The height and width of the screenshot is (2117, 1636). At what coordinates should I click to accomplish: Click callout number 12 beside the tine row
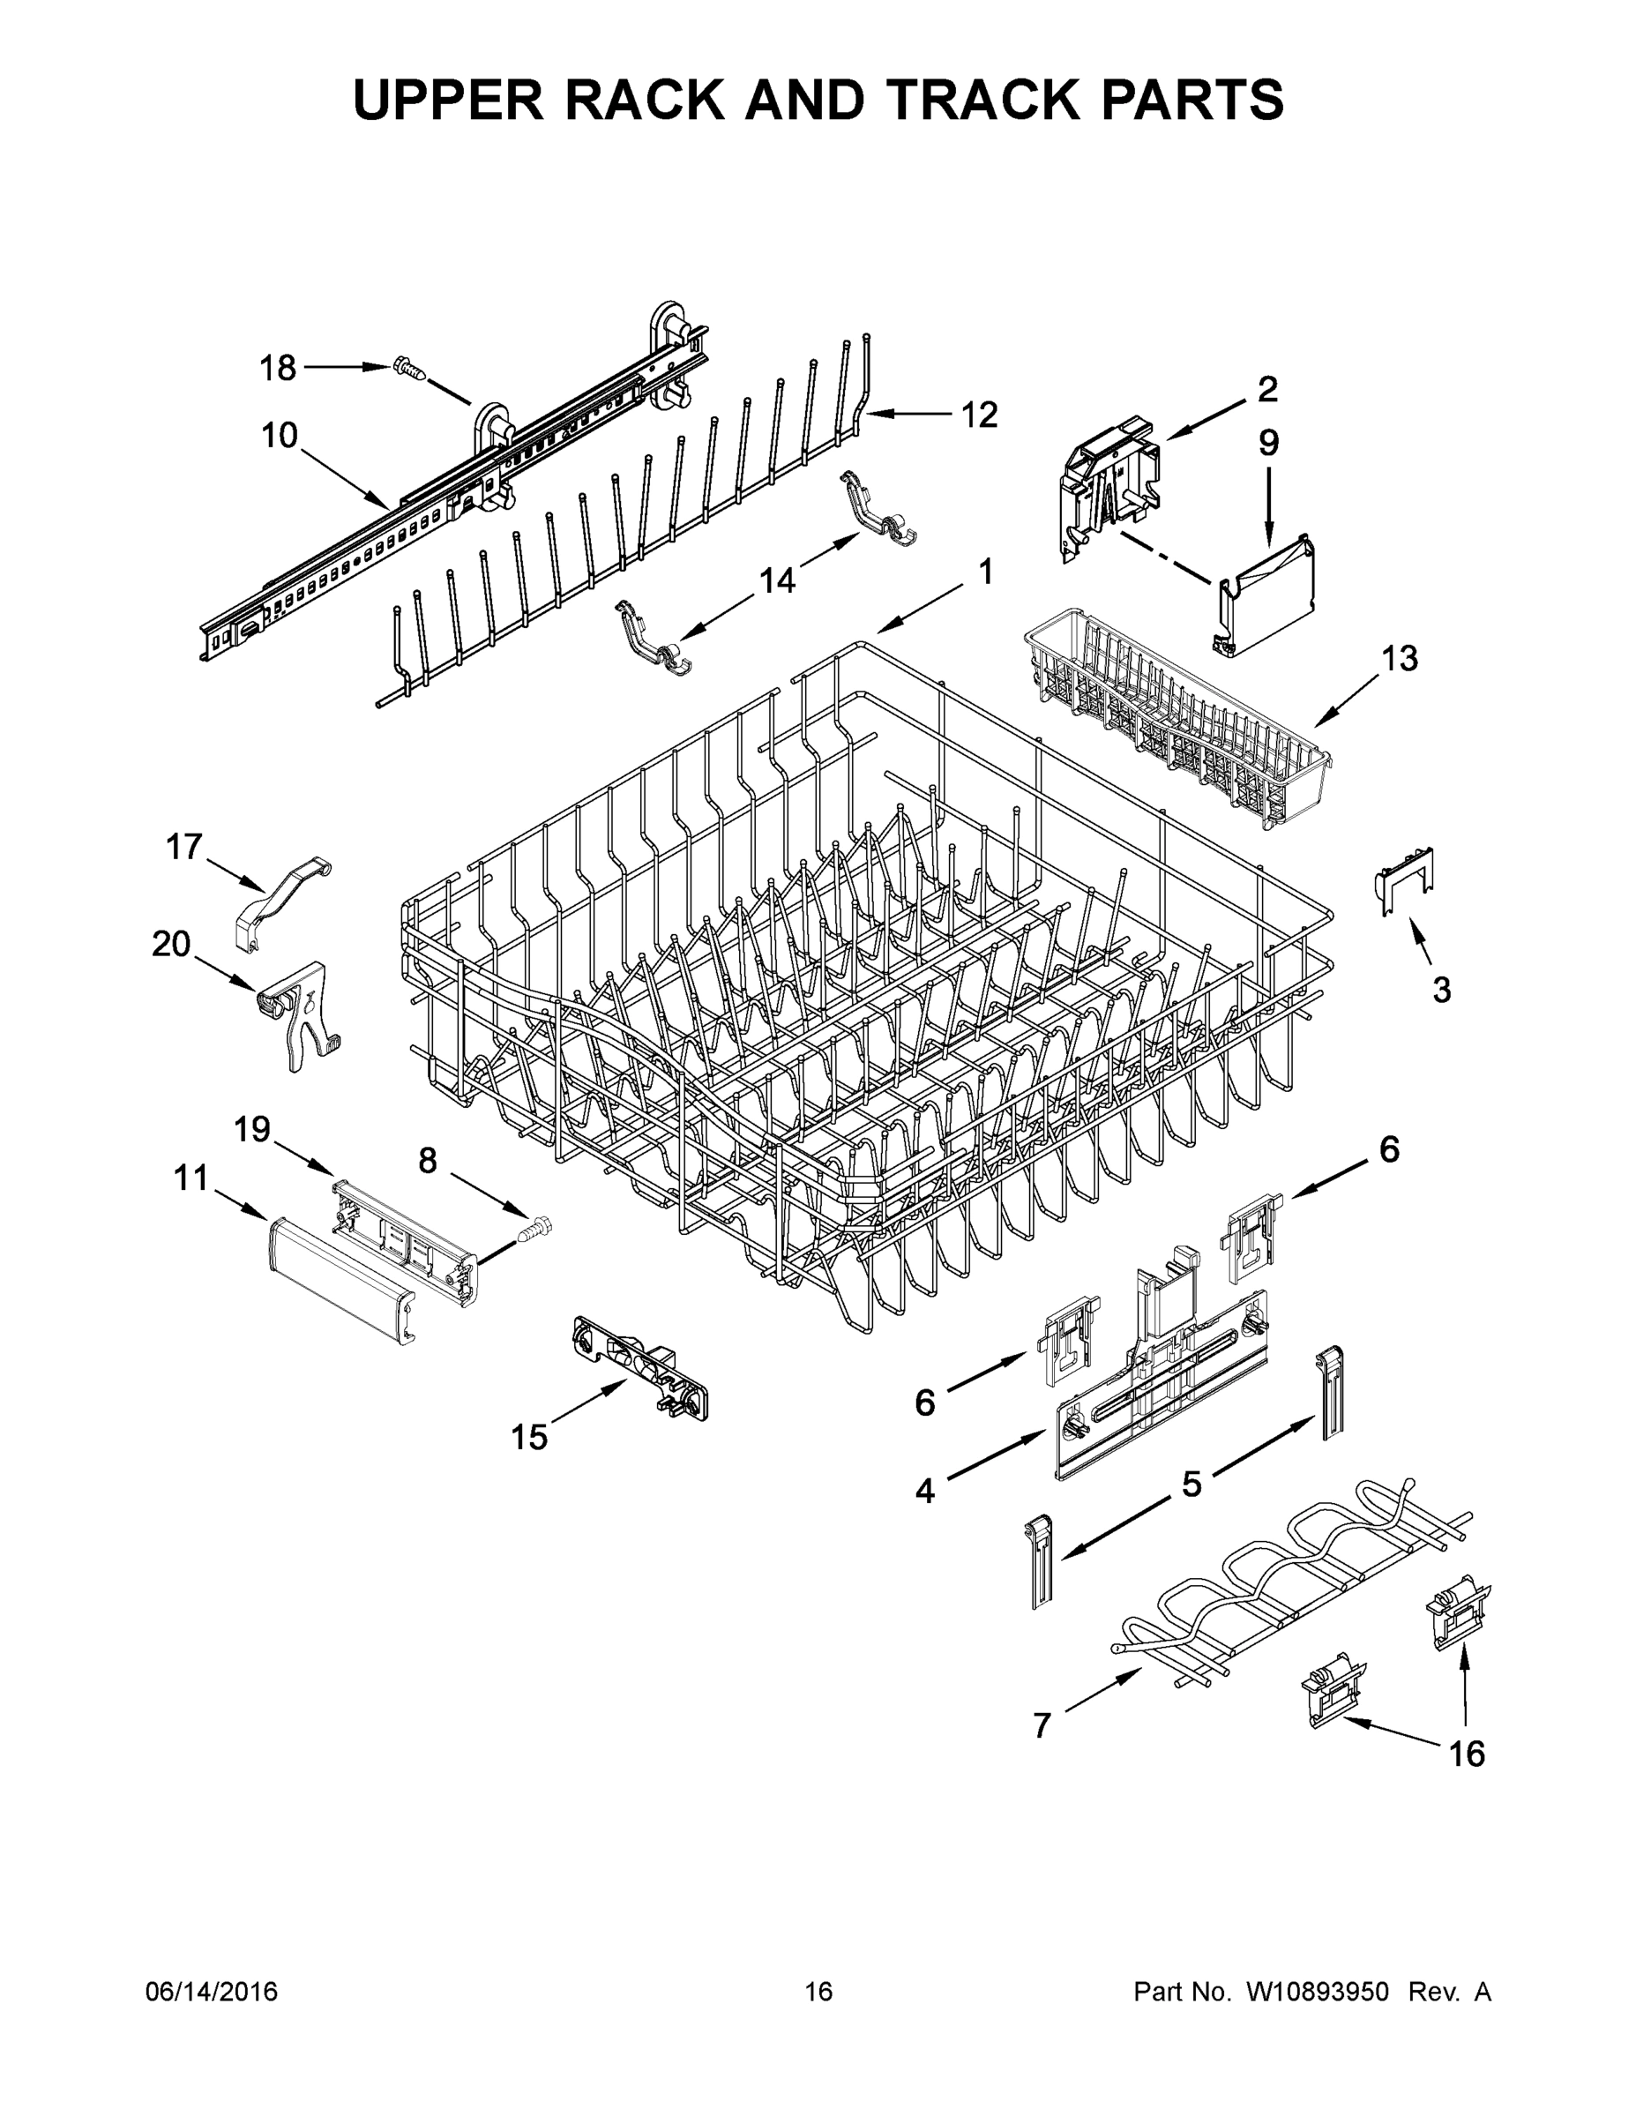pos(979,415)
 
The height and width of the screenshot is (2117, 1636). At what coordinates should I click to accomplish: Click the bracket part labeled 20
pos(301,1018)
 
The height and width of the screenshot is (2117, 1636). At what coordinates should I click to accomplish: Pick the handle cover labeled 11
pos(340,1280)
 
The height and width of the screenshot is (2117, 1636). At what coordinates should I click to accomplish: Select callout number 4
pos(924,1490)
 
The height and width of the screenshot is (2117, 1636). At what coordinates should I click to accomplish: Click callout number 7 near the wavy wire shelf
pos(1041,1725)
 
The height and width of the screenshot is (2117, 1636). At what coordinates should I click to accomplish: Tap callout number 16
pos(1467,1754)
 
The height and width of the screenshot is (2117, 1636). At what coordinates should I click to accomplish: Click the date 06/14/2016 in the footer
pos(212,1991)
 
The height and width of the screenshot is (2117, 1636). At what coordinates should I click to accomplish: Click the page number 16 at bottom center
pos(818,1991)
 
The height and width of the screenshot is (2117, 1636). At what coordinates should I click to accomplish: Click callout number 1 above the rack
pos(985,572)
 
